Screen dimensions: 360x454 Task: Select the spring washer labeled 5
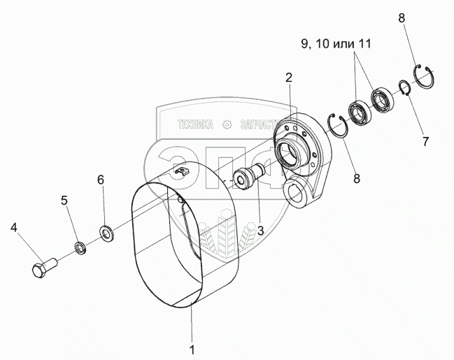pos(80,247)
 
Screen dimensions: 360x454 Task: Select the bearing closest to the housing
pos(360,113)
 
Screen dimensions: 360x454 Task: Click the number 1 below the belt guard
pos(192,347)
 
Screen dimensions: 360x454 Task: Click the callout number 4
pos(13,228)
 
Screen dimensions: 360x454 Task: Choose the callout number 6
pos(100,180)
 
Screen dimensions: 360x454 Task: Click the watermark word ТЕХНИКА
pos(196,125)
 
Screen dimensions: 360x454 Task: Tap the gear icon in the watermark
pos(226,125)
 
